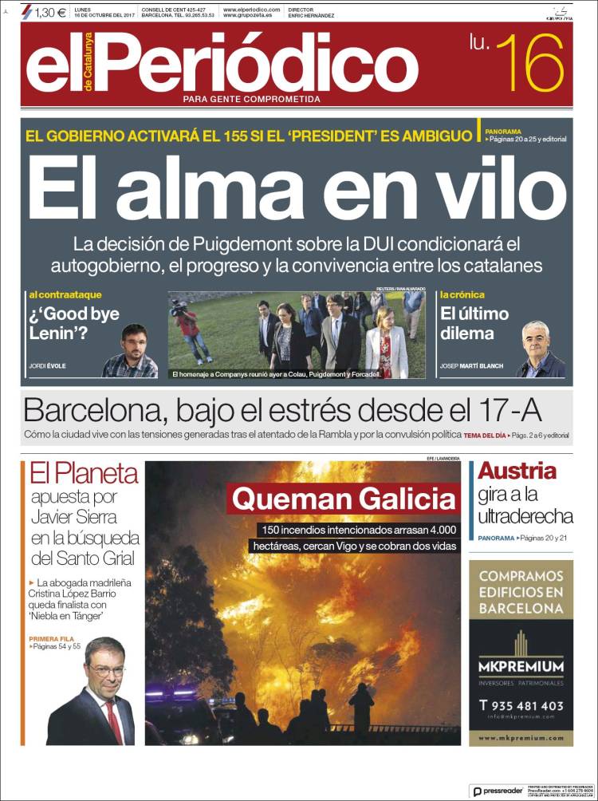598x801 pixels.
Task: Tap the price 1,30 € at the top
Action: tap(50, 12)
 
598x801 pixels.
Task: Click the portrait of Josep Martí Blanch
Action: tap(540, 351)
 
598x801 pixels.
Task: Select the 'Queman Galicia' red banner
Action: tap(344, 500)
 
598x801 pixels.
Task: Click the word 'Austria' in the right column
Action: tap(517, 472)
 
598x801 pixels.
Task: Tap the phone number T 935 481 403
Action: tap(521, 705)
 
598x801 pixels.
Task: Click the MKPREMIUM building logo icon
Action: tap(521, 643)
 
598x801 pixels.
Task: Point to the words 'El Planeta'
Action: tap(84, 474)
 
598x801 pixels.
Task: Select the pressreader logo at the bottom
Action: tap(498, 791)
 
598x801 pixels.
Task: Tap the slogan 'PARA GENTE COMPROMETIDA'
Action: tap(251, 99)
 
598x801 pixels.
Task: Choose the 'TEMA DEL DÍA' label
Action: tap(485, 435)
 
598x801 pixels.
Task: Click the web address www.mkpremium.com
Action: tap(521, 738)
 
